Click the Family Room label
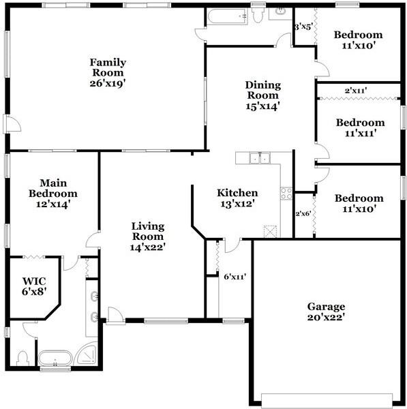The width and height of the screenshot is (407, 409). (x=108, y=72)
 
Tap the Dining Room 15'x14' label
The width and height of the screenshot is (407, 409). (x=262, y=95)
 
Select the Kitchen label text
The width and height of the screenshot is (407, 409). (x=237, y=198)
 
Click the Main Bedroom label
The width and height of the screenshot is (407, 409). (x=52, y=193)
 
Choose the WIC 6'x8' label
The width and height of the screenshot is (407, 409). (x=33, y=286)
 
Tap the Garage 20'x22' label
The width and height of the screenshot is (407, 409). (x=325, y=312)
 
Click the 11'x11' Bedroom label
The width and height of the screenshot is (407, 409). (x=360, y=127)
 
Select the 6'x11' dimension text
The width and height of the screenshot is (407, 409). (x=235, y=277)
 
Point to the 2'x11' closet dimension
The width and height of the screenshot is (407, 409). (x=357, y=90)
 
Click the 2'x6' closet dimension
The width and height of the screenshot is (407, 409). (x=303, y=213)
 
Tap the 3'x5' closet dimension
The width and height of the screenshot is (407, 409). (x=303, y=27)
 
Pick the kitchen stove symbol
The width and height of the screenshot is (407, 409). (x=286, y=192)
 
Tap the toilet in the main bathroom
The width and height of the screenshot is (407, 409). (x=22, y=357)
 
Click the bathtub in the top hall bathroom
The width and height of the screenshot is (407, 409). (x=228, y=16)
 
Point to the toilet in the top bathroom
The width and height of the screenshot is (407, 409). (x=258, y=15)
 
